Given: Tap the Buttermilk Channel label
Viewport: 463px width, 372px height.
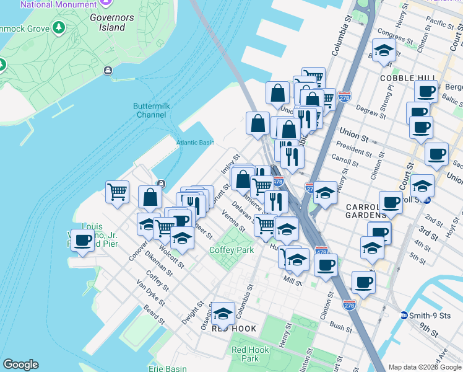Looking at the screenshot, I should (152, 110).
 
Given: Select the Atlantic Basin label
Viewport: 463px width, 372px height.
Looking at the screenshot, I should (195, 143).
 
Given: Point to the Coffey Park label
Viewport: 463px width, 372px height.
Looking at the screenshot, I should (231, 250).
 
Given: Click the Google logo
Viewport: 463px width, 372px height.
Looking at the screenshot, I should (20, 365).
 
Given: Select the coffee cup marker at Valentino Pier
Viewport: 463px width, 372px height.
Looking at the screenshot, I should (82, 241).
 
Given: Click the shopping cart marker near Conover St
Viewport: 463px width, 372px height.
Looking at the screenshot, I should (117, 191).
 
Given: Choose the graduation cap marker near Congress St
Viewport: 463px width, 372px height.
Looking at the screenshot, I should (384, 51).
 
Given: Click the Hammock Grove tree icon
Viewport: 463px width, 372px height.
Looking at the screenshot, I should (59, 27).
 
